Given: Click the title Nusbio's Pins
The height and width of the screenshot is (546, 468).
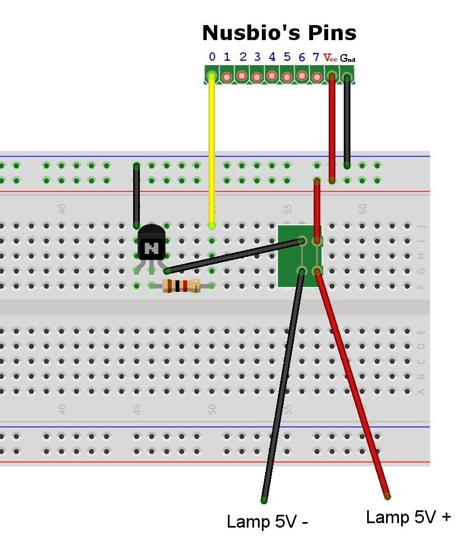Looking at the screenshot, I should click(x=279, y=33).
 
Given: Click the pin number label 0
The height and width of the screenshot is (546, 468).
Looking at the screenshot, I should click(x=212, y=57).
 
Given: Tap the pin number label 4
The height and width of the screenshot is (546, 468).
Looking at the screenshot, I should click(x=272, y=57).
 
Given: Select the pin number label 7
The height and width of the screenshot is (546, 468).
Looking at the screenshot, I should click(x=316, y=57).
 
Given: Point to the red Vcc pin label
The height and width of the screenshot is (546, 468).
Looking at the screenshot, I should click(x=330, y=58).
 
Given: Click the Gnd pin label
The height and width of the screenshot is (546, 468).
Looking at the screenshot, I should click(x=348, y=58).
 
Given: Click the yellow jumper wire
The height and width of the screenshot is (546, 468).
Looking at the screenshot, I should click(x=212, y=150).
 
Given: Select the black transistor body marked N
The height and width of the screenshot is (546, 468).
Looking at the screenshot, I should click(x=152, y=244).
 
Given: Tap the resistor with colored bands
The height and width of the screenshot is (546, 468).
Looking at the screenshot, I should click(x=181, y=286).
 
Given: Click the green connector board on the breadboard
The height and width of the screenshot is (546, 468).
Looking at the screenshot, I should click(x=290, y=256).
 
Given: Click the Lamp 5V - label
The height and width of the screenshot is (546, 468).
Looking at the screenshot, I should click(x=267, y=522).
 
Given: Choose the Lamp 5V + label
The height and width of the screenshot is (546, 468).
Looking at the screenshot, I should click(x=408, y=517).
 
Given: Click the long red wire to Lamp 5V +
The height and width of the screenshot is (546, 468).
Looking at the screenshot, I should click(x=354, y=390).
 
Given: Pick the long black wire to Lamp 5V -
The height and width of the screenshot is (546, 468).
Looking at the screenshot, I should click(x=281, y=390).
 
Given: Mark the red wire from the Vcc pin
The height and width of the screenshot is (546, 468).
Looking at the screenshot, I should click(x=332, y=128).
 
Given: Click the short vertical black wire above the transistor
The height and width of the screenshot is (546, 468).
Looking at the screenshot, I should click(x=136, y=195).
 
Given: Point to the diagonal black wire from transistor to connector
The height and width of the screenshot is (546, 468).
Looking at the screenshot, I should click(x=234, y=256).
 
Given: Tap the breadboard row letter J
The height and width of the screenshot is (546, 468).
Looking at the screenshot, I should click(x=421, y=226).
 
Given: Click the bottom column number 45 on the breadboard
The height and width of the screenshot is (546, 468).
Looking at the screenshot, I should click(x=137, y=409).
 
